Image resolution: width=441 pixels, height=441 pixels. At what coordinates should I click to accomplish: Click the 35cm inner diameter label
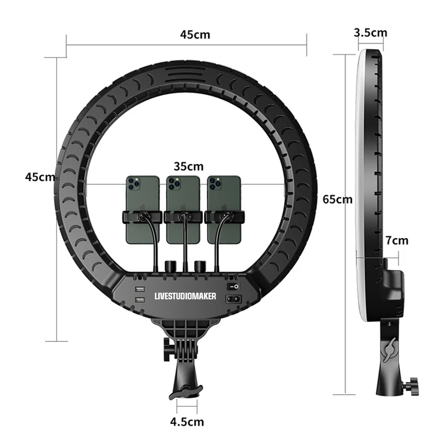pos(188,166)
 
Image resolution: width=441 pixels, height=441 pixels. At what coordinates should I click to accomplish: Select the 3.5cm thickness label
pos(370,33)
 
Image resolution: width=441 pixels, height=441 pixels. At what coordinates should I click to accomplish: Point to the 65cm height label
pos(337,199)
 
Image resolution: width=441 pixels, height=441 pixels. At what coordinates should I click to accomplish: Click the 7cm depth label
pos(397,240)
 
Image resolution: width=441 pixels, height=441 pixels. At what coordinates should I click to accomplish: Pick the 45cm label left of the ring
pos(40,177)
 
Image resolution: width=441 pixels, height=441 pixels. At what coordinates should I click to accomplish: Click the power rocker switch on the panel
pos(234,287)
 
